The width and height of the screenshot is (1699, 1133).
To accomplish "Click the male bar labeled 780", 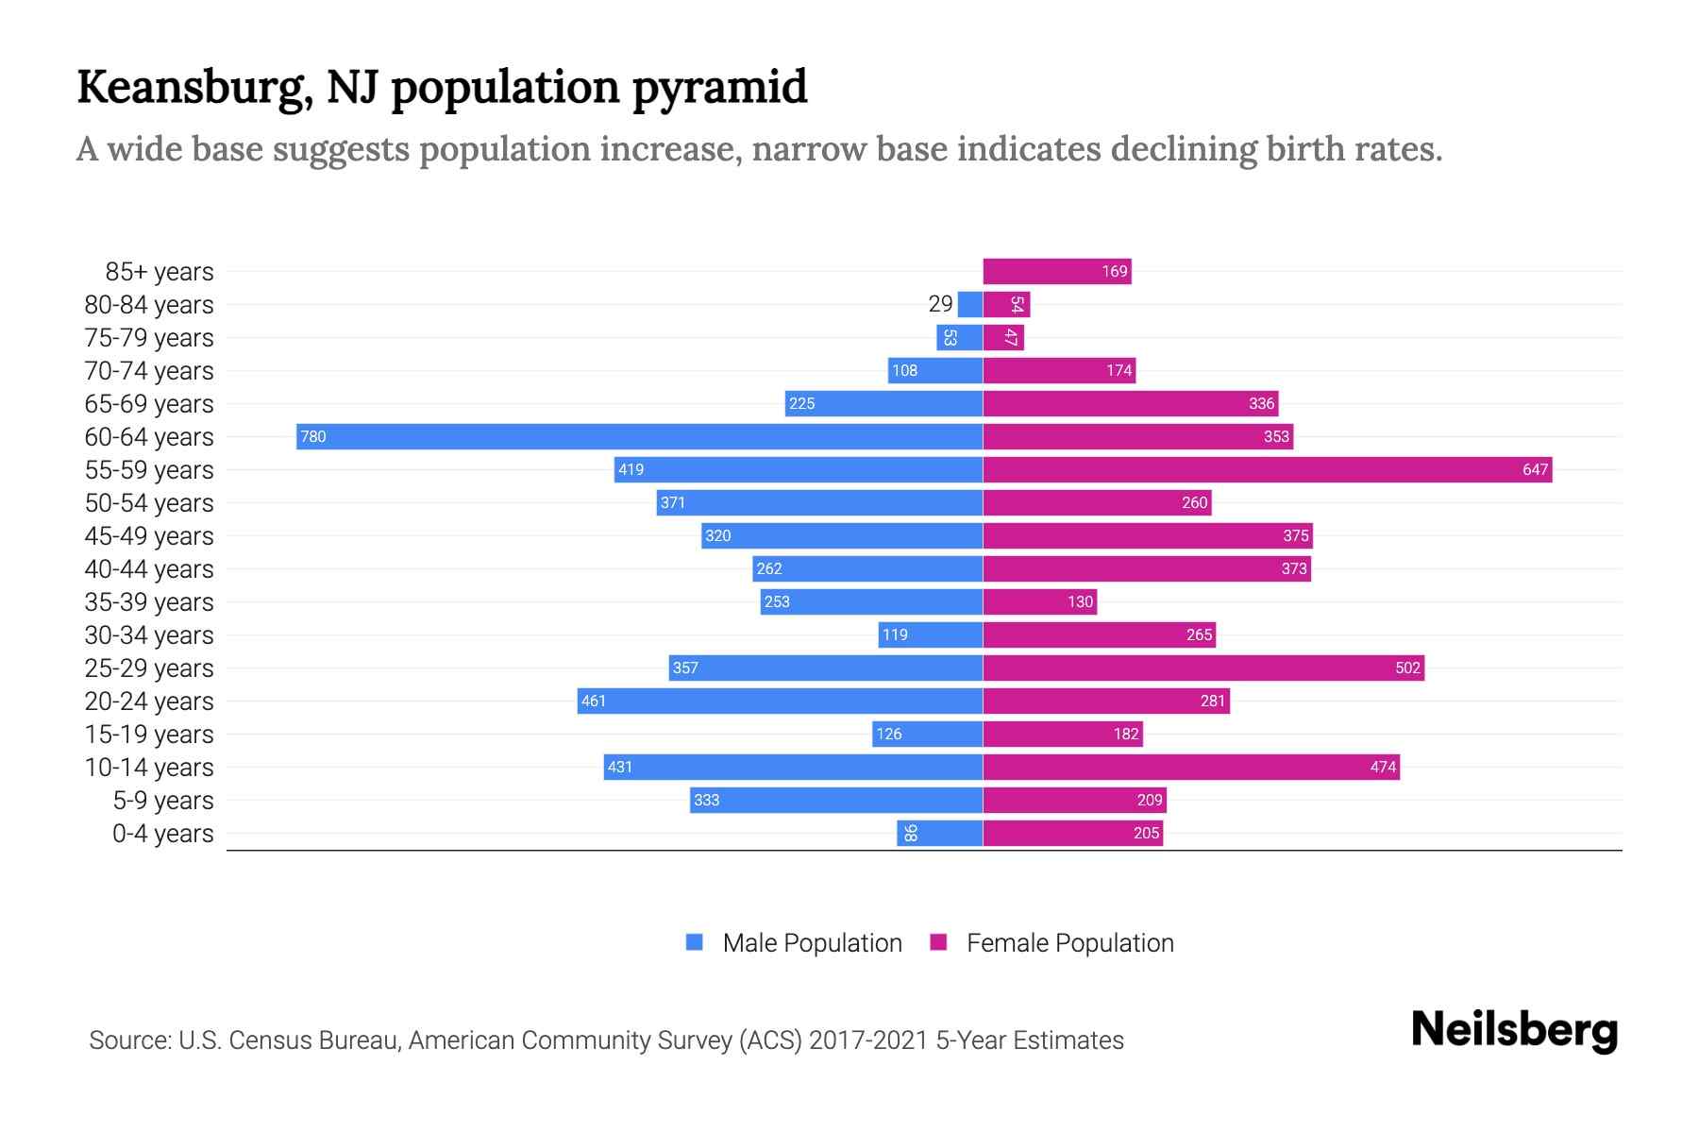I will click(639, 436).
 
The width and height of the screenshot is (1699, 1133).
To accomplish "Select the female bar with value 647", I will click(1267, 469).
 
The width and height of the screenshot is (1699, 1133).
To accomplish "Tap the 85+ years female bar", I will click(1056, 272).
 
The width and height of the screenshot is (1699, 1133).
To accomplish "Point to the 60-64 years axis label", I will click(149, 437).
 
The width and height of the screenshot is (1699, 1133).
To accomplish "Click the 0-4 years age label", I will click(162, 834).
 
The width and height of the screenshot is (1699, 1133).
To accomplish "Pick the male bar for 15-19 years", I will click(927, 734).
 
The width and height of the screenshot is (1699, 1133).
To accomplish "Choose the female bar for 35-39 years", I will click(1039, 601).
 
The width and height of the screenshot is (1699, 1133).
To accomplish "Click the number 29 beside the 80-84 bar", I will click(940, 304).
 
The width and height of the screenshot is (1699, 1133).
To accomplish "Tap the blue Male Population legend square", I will click(695, 942).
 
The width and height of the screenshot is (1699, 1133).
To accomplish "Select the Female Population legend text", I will click(1069, 943).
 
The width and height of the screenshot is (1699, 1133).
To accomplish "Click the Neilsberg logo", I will click(1514, 1030).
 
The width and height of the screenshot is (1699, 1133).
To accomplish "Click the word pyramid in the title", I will click(719, 87).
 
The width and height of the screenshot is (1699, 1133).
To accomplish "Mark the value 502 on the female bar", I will click(1407, 668).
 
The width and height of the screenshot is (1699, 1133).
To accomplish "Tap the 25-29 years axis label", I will click(149, 668).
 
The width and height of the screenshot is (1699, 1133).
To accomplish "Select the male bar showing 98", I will click(939, 833).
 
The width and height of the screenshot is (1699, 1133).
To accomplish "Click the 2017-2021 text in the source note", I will click(868, 1040).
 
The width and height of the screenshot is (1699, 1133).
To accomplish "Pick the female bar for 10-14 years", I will click(1190, 767).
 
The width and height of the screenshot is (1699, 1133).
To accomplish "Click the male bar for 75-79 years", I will click(959, 337).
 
